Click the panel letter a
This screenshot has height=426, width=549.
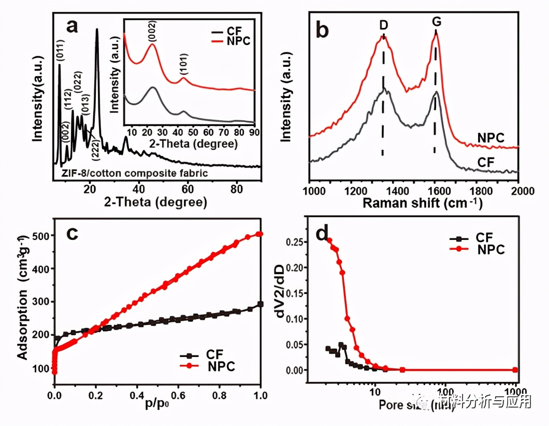71,25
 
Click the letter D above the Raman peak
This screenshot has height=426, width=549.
384,25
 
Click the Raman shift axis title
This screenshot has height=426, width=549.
422,203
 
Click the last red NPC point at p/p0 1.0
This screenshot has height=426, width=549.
260,234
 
